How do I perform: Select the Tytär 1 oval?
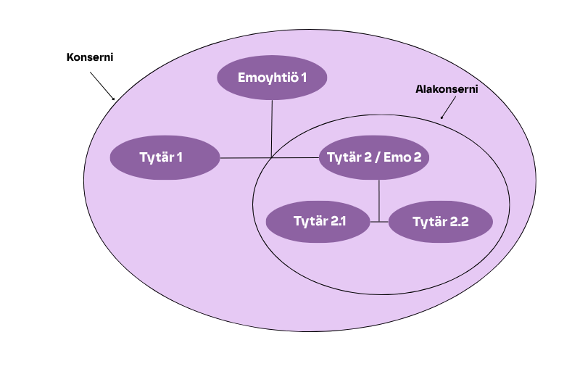[165, 157]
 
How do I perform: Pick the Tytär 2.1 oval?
[320, 221]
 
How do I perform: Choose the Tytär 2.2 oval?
[441, 222]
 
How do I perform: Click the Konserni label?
[90, 57]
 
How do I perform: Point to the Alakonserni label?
[446, 90]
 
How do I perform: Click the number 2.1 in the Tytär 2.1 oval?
[338, 221]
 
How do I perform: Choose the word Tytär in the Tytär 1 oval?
[157, 157]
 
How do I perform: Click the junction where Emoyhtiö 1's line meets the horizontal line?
[272, 157]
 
